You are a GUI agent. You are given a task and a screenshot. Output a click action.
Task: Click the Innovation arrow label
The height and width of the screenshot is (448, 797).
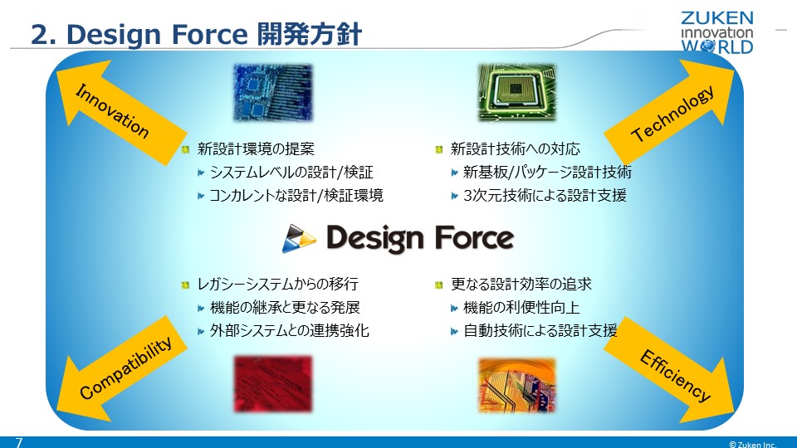(112, 111)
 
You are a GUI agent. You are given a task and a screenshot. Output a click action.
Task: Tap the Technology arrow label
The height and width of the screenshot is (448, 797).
(672, 114)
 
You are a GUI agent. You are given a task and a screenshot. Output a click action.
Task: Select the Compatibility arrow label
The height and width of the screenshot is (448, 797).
(125, 368)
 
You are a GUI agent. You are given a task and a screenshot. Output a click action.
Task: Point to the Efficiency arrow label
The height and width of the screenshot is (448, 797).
(674, 375)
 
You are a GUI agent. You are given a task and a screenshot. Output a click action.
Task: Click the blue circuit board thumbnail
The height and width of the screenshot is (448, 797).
(273, 93)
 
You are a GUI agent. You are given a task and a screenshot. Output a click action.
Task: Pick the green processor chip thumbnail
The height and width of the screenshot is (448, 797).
(517, 93)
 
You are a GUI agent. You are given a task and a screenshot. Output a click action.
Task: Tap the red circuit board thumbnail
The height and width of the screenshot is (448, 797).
(273, 384)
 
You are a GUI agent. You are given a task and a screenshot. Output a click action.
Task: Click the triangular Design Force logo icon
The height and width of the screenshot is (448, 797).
(299, 239)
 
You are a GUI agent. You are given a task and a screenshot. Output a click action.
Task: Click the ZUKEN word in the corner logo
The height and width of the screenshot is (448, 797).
(717, 17)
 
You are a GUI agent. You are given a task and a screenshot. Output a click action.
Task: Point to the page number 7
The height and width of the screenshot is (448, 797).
(19, 442)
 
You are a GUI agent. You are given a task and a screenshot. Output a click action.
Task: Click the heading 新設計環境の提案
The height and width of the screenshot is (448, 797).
(256, 149)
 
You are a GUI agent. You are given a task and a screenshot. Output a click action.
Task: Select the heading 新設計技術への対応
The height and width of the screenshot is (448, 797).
(515, 149)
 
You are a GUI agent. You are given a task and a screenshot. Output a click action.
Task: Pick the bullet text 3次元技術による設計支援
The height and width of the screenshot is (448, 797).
(545, 196)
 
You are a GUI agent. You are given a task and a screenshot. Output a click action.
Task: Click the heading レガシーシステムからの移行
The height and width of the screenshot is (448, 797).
(277, 284)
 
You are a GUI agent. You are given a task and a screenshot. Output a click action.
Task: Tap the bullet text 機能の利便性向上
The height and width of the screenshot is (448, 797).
(521, 307)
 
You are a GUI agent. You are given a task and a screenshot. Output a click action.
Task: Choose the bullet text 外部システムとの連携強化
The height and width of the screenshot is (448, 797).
(289, 331)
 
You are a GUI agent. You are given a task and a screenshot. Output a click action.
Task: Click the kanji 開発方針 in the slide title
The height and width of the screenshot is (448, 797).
(309, 35)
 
